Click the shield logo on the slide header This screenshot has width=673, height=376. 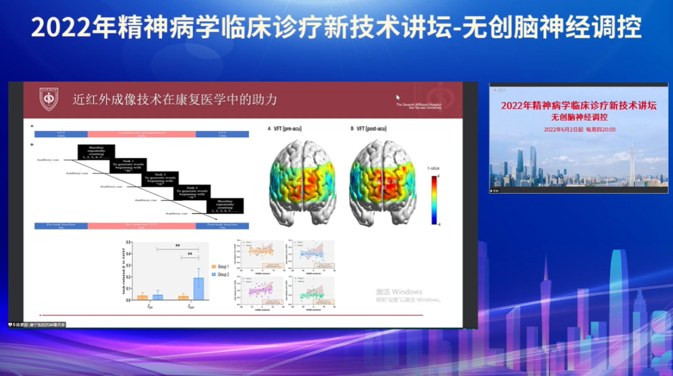point(49,99)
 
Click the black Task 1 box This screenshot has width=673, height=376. point(128,166)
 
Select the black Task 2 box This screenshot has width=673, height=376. point(160,179)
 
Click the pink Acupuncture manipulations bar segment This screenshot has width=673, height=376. point(141,134)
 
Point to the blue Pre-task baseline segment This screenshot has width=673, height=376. point(60,225)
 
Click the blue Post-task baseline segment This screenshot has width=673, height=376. point(222,225)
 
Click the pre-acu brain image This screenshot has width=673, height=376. point(302,181)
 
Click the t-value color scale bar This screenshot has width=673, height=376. point(434,199)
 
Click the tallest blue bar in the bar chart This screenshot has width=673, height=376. point(198,288)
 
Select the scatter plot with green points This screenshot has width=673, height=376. point(312,290)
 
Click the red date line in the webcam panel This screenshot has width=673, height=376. point(579,129)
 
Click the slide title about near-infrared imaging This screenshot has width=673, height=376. point(174,99)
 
